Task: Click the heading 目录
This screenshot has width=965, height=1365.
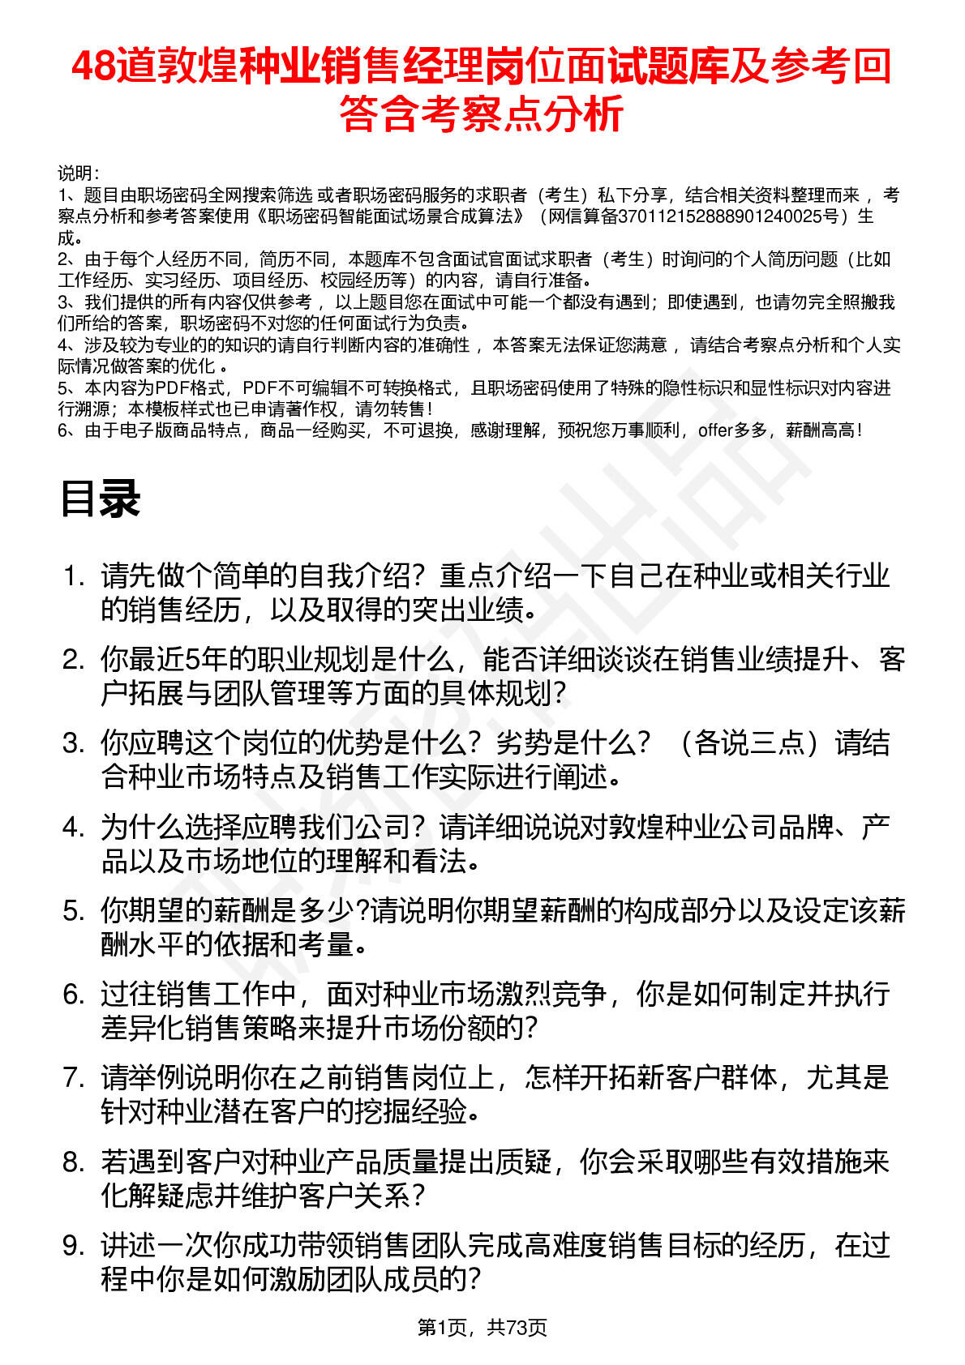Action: pos(100,499)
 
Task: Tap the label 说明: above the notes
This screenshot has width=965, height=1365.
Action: pos(78,173)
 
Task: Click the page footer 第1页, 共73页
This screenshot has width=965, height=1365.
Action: pos(482,1327)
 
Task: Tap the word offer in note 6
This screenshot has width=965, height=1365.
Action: pos(714,430)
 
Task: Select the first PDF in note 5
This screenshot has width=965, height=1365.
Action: pos(171,388)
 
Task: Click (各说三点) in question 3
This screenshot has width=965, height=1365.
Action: pos(742,743)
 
